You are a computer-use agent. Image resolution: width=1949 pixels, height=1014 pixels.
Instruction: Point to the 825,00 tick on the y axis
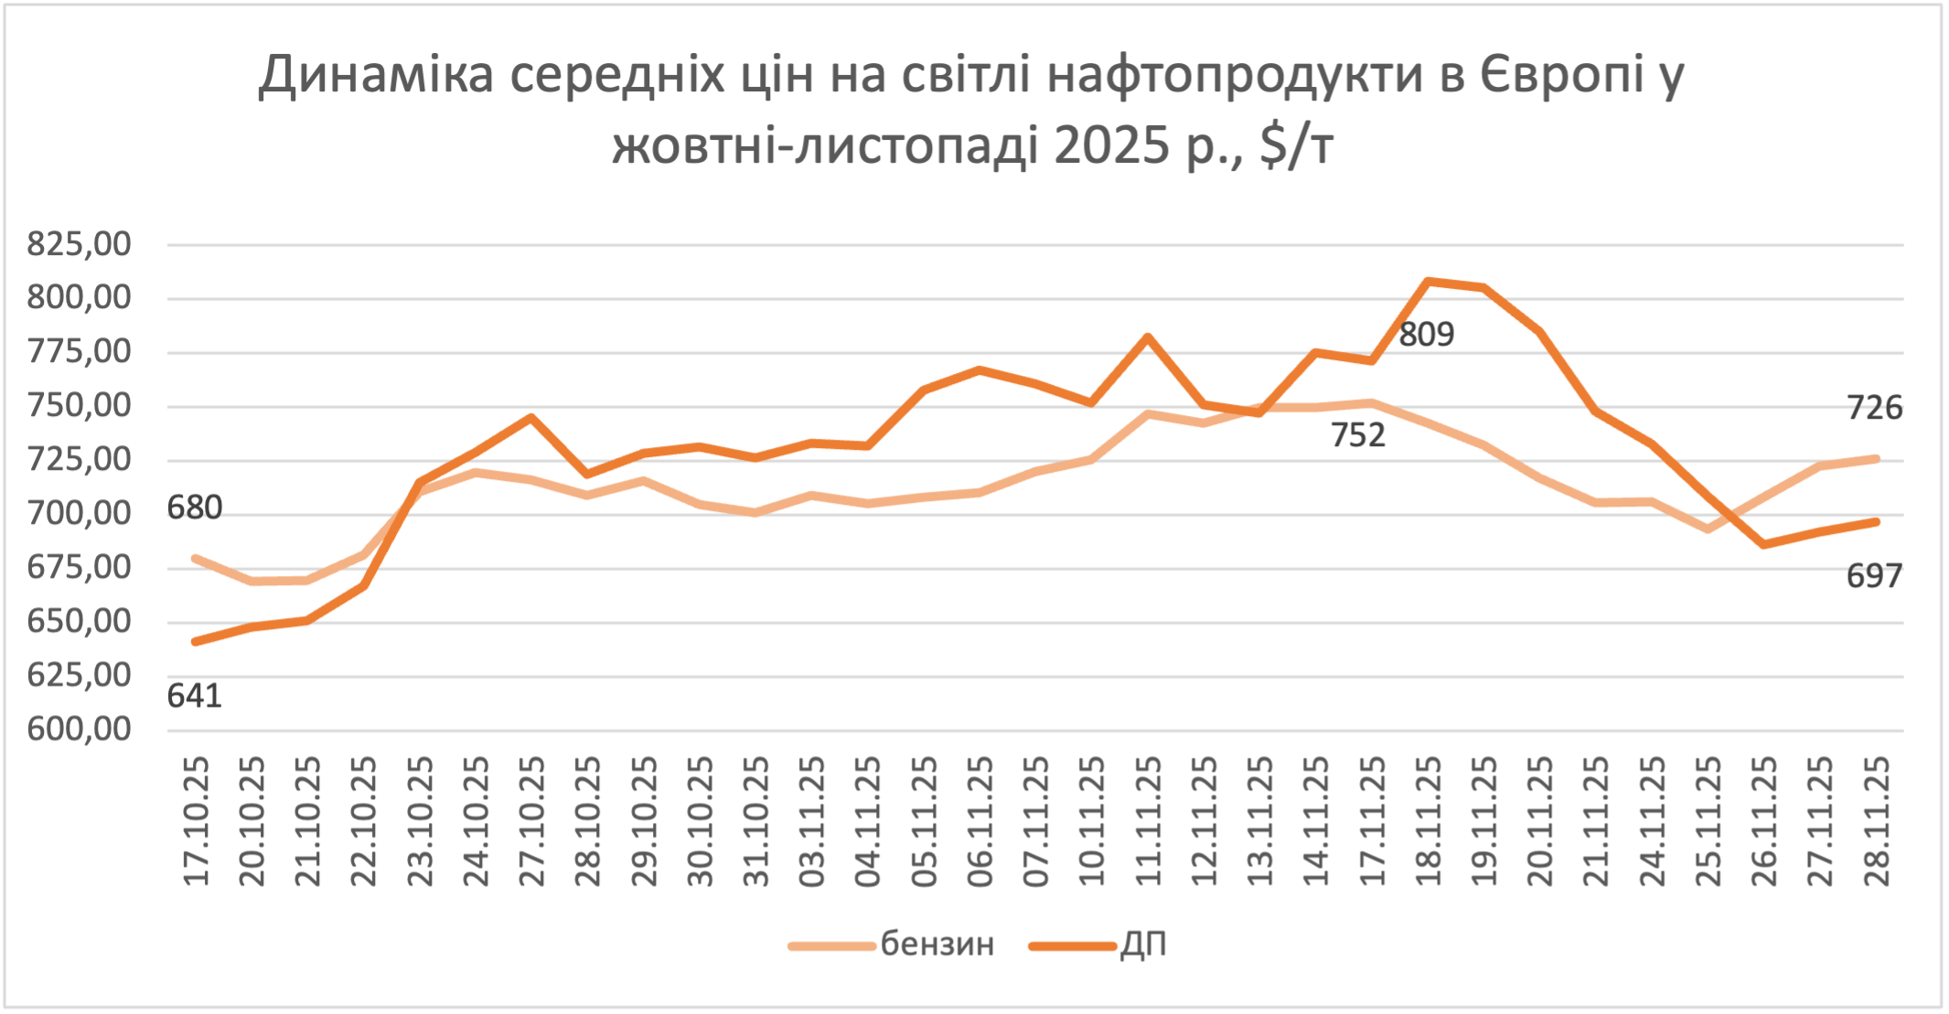[x=80, y=244]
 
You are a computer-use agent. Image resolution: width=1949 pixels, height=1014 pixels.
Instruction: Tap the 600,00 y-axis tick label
[x=80, y=730]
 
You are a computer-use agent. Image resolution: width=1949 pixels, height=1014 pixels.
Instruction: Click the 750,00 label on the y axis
[x=80, y=406]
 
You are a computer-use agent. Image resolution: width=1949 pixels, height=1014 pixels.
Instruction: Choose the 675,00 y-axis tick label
[x=80, y=568]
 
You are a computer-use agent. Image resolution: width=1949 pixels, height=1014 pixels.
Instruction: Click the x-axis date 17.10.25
[x=196, y=821]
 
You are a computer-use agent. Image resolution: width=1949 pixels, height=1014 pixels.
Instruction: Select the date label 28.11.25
[x=1876, y=821]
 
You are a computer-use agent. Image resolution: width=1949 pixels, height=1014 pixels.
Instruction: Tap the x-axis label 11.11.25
[x=1148, y=821]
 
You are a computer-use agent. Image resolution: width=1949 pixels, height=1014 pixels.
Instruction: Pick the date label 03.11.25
[x=812, y=821]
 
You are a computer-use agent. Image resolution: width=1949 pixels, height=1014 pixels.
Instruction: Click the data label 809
[x=1426, y=335]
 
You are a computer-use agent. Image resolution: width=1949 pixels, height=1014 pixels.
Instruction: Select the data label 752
[x=1357, y=435]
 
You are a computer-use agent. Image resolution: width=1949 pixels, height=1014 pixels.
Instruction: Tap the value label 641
[x=194, y=697]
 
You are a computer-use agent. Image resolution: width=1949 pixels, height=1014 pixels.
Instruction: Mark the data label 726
[x=1874, y=408]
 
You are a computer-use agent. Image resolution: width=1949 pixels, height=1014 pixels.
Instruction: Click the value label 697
[x=1874, y=576]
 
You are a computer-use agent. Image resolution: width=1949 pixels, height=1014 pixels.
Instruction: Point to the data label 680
[x=194, y=507]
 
